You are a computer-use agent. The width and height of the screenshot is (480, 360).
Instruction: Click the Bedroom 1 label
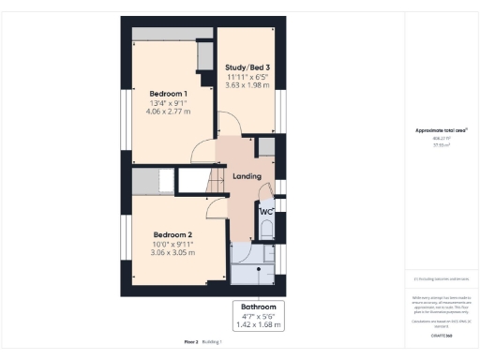click(169, 94)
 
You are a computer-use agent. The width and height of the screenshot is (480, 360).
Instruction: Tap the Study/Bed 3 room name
click(247, 67)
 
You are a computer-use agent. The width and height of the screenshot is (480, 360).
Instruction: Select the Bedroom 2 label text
click(172, 234)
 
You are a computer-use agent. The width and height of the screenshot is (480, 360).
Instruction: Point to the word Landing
click(247, 176)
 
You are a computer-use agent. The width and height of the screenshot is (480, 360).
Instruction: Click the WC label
click(265, 212)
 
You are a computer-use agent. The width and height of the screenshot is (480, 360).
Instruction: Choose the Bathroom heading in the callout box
click(259, 307)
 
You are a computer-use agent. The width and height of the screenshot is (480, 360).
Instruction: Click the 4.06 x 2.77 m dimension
click(169, 112)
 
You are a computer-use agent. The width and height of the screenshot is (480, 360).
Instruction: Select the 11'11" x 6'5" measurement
click(247, 77)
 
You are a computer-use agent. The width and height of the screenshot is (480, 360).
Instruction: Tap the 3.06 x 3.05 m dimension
click(172, 252)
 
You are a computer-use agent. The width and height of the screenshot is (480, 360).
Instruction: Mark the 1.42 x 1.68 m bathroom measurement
click(259, 324)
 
